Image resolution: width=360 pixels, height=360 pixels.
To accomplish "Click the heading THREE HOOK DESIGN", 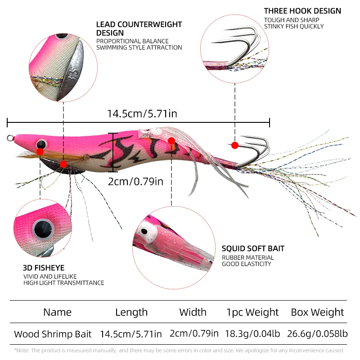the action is point(302,11).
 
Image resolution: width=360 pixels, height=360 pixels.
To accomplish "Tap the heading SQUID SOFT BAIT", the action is point(253,248).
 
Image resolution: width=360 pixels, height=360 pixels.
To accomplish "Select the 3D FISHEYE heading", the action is point(44,268).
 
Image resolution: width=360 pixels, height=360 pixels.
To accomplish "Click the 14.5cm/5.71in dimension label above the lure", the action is point(142,114).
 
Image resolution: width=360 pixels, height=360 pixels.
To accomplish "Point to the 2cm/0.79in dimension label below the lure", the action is point(136,182).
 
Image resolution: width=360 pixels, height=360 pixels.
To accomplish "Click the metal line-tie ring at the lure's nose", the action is point(10,138).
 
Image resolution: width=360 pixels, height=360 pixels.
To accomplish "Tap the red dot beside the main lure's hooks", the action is point(234,145).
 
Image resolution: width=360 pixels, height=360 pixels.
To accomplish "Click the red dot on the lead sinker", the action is point(63,164).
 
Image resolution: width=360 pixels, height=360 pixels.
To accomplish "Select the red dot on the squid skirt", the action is point(171,141).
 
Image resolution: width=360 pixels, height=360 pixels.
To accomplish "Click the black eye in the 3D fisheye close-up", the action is point(43,229).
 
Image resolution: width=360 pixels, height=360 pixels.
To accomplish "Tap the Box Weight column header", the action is point(317,312).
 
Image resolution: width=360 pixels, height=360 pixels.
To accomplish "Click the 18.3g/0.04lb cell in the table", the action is point(252,334).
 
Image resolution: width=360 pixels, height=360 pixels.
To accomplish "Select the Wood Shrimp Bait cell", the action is point(53,334).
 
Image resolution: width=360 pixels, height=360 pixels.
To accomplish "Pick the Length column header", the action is point(131,312).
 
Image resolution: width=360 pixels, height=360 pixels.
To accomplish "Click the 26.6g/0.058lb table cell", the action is point(317,334).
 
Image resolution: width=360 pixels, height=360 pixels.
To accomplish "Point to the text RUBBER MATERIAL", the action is point(248,257).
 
